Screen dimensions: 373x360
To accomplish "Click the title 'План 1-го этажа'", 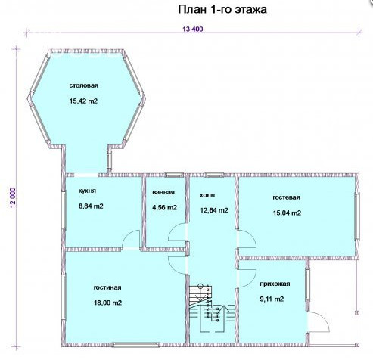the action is pos(222,10).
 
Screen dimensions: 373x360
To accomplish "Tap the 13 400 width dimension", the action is pos(193,29).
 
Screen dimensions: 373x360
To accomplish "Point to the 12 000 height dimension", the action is pos(13,197).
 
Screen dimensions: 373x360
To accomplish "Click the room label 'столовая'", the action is pos(83,85).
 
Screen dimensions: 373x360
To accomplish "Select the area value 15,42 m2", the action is pos(83,101).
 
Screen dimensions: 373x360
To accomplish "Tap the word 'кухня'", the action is pos(87,191).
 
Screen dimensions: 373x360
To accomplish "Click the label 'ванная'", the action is pos(163,192).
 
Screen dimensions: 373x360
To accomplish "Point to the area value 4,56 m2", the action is pos(165,208).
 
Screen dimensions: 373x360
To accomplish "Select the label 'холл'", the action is pos(207,195).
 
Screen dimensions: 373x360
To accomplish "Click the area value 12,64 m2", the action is pos(214,210).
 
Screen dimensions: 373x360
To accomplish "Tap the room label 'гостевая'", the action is pos(287,197).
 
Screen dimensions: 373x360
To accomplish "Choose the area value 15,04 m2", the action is pos(287,213).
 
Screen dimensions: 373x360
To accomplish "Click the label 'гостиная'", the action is pos(107,287).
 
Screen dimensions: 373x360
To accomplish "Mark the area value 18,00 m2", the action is pos(108,303).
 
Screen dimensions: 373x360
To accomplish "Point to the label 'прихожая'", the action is pos(275,284).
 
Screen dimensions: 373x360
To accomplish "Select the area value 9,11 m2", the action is pos(272,299).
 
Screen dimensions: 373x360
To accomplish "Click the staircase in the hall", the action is pos(212,308).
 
